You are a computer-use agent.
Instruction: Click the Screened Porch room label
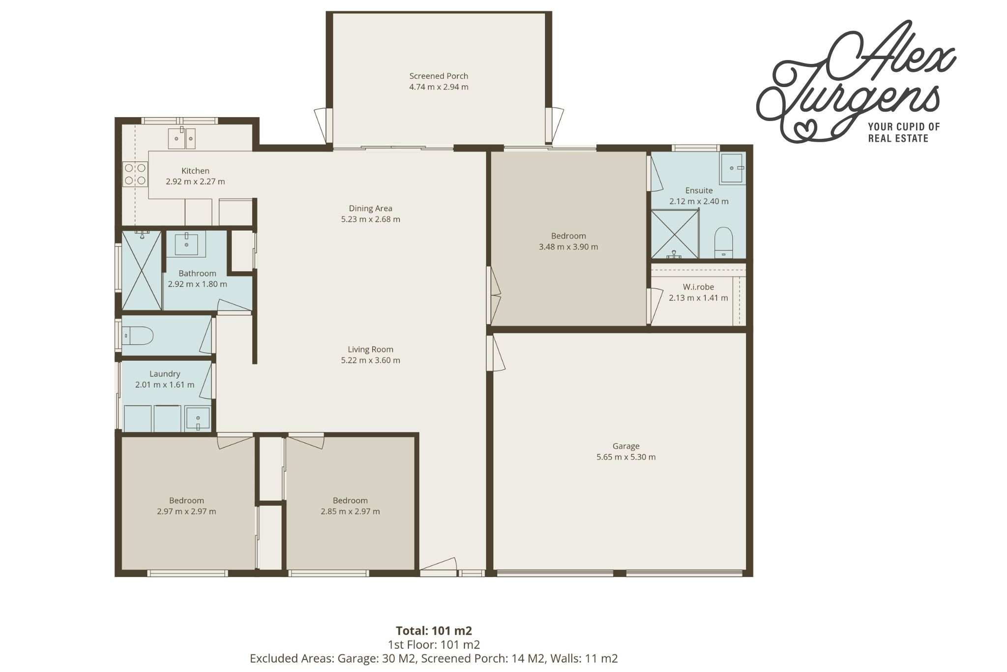coord(439,76)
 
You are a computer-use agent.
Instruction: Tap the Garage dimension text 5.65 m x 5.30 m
coord(626,457)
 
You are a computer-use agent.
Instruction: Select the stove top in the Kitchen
coord(135,174)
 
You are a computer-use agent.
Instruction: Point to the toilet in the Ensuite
coord(723,243)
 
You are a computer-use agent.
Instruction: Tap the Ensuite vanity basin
coord(733,168)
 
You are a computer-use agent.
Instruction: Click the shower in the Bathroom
coord(142,270)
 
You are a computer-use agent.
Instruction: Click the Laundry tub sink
coord(198,418)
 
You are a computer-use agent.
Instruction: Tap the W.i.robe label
coord(698,287)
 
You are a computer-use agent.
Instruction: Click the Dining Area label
coord(371,208)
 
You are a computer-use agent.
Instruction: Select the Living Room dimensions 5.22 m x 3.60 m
coord(371,360)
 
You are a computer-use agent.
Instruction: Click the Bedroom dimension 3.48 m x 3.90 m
coord(568,247)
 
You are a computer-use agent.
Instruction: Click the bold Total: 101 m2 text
coord(434,630)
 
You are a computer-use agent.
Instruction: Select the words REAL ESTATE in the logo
coord(898,138)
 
